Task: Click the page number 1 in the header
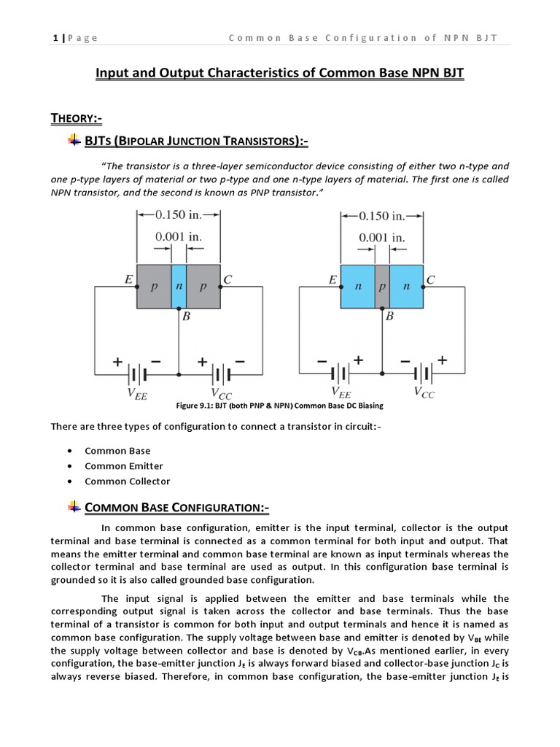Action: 55,38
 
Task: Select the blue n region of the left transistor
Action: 179,287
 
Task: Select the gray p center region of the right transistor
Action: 381,287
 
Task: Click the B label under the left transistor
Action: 186,317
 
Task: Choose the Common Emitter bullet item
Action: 124,466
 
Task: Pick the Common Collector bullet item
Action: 127,481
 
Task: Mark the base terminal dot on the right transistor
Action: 382,309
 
